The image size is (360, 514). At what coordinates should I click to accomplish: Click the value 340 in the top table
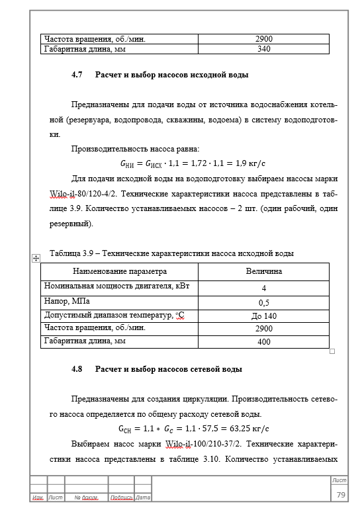click(x=263, y=48)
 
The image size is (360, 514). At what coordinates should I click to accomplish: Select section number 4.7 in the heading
click(x=76, y=75)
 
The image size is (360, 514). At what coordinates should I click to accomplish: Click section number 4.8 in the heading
click(x=76, y=369)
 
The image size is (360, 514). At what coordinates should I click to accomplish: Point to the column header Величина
click(x=263, y=271)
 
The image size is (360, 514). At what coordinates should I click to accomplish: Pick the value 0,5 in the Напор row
click(x=263, y=302)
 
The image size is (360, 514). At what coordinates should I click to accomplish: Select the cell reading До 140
click(x=263, y=316)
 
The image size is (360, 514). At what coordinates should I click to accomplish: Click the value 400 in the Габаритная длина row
click(x=263, y=342)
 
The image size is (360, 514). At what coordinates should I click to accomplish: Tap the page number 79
click(x=341, y=495)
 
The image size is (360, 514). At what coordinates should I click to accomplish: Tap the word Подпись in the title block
click(x=121, y=497)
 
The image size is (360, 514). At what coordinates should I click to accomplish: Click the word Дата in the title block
click(x=143, y=497)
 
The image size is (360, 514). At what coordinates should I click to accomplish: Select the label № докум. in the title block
click(x=86, y=497)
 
